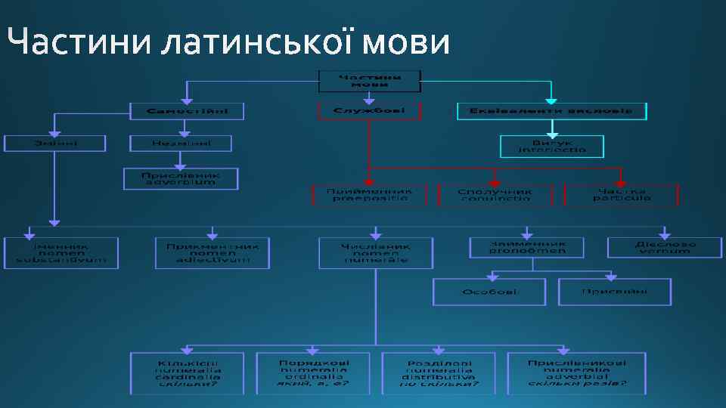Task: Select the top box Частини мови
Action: pos(369,81)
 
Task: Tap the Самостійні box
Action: pos(187,111)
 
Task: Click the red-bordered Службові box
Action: pos(369,111)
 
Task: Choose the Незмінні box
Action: pos(181,143)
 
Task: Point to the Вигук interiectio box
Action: pos(552,146)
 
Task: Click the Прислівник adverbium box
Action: pos(181,178)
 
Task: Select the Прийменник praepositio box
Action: pos(369,195)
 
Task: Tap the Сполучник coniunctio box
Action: pos(495,195)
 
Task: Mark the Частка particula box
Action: pos(622,195)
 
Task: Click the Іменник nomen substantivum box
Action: pos(61,253)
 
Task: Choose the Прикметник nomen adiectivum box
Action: pos(213,253)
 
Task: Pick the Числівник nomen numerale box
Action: pos(376,253)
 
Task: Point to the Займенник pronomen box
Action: pos(527,248)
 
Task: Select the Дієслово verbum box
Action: pos(665,248)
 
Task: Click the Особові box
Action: pos(489,292)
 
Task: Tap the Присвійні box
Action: pos(615,292)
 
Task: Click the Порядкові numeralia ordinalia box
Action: pos(313,372)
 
